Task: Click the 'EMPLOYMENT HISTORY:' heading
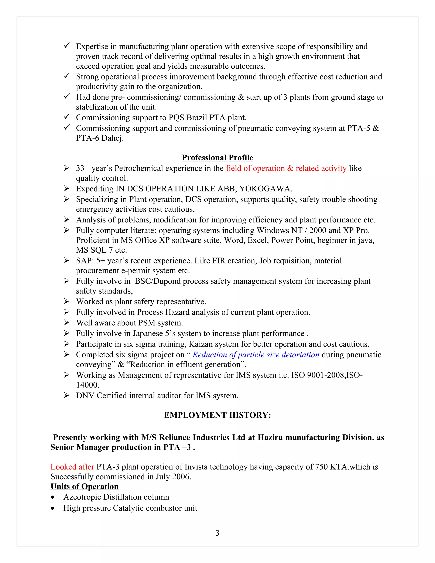(x=217, y=415)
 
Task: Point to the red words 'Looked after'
(x=72, y=467)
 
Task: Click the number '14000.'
(x=88, y=385)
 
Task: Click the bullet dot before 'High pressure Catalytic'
(x=53, y=508)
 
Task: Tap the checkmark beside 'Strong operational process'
(x=67, y=76)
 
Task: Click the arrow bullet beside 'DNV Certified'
(x=66, y=395)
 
